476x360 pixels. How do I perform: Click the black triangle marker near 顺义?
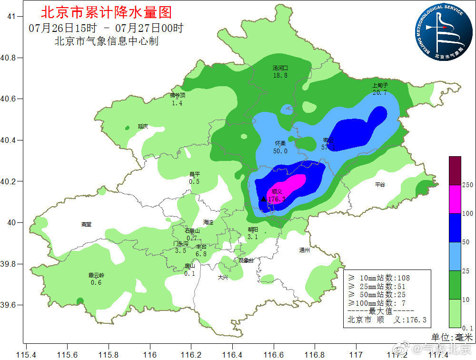click(264, 199)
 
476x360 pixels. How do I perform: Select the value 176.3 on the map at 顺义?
click(277, 199)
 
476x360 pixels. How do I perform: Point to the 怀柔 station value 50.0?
click(280, 151)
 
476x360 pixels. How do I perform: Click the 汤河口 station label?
click(280, 68)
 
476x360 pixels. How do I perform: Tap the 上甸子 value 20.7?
click(380, 92)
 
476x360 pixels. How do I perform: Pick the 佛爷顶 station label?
click(177, 96)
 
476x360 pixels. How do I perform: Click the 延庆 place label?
click(143, 126)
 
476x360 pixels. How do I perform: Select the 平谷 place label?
click(380, 184)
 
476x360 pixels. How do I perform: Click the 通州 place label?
click(304, 250)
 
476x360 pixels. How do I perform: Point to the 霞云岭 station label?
click(96, 275)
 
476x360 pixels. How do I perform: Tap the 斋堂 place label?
click(86, 224)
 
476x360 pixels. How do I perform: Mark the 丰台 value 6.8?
click(201, 254)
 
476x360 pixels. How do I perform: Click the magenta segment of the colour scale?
click(455, 199)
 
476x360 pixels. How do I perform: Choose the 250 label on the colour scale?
click(467, 185)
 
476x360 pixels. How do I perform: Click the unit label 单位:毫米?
click(451, 337)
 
